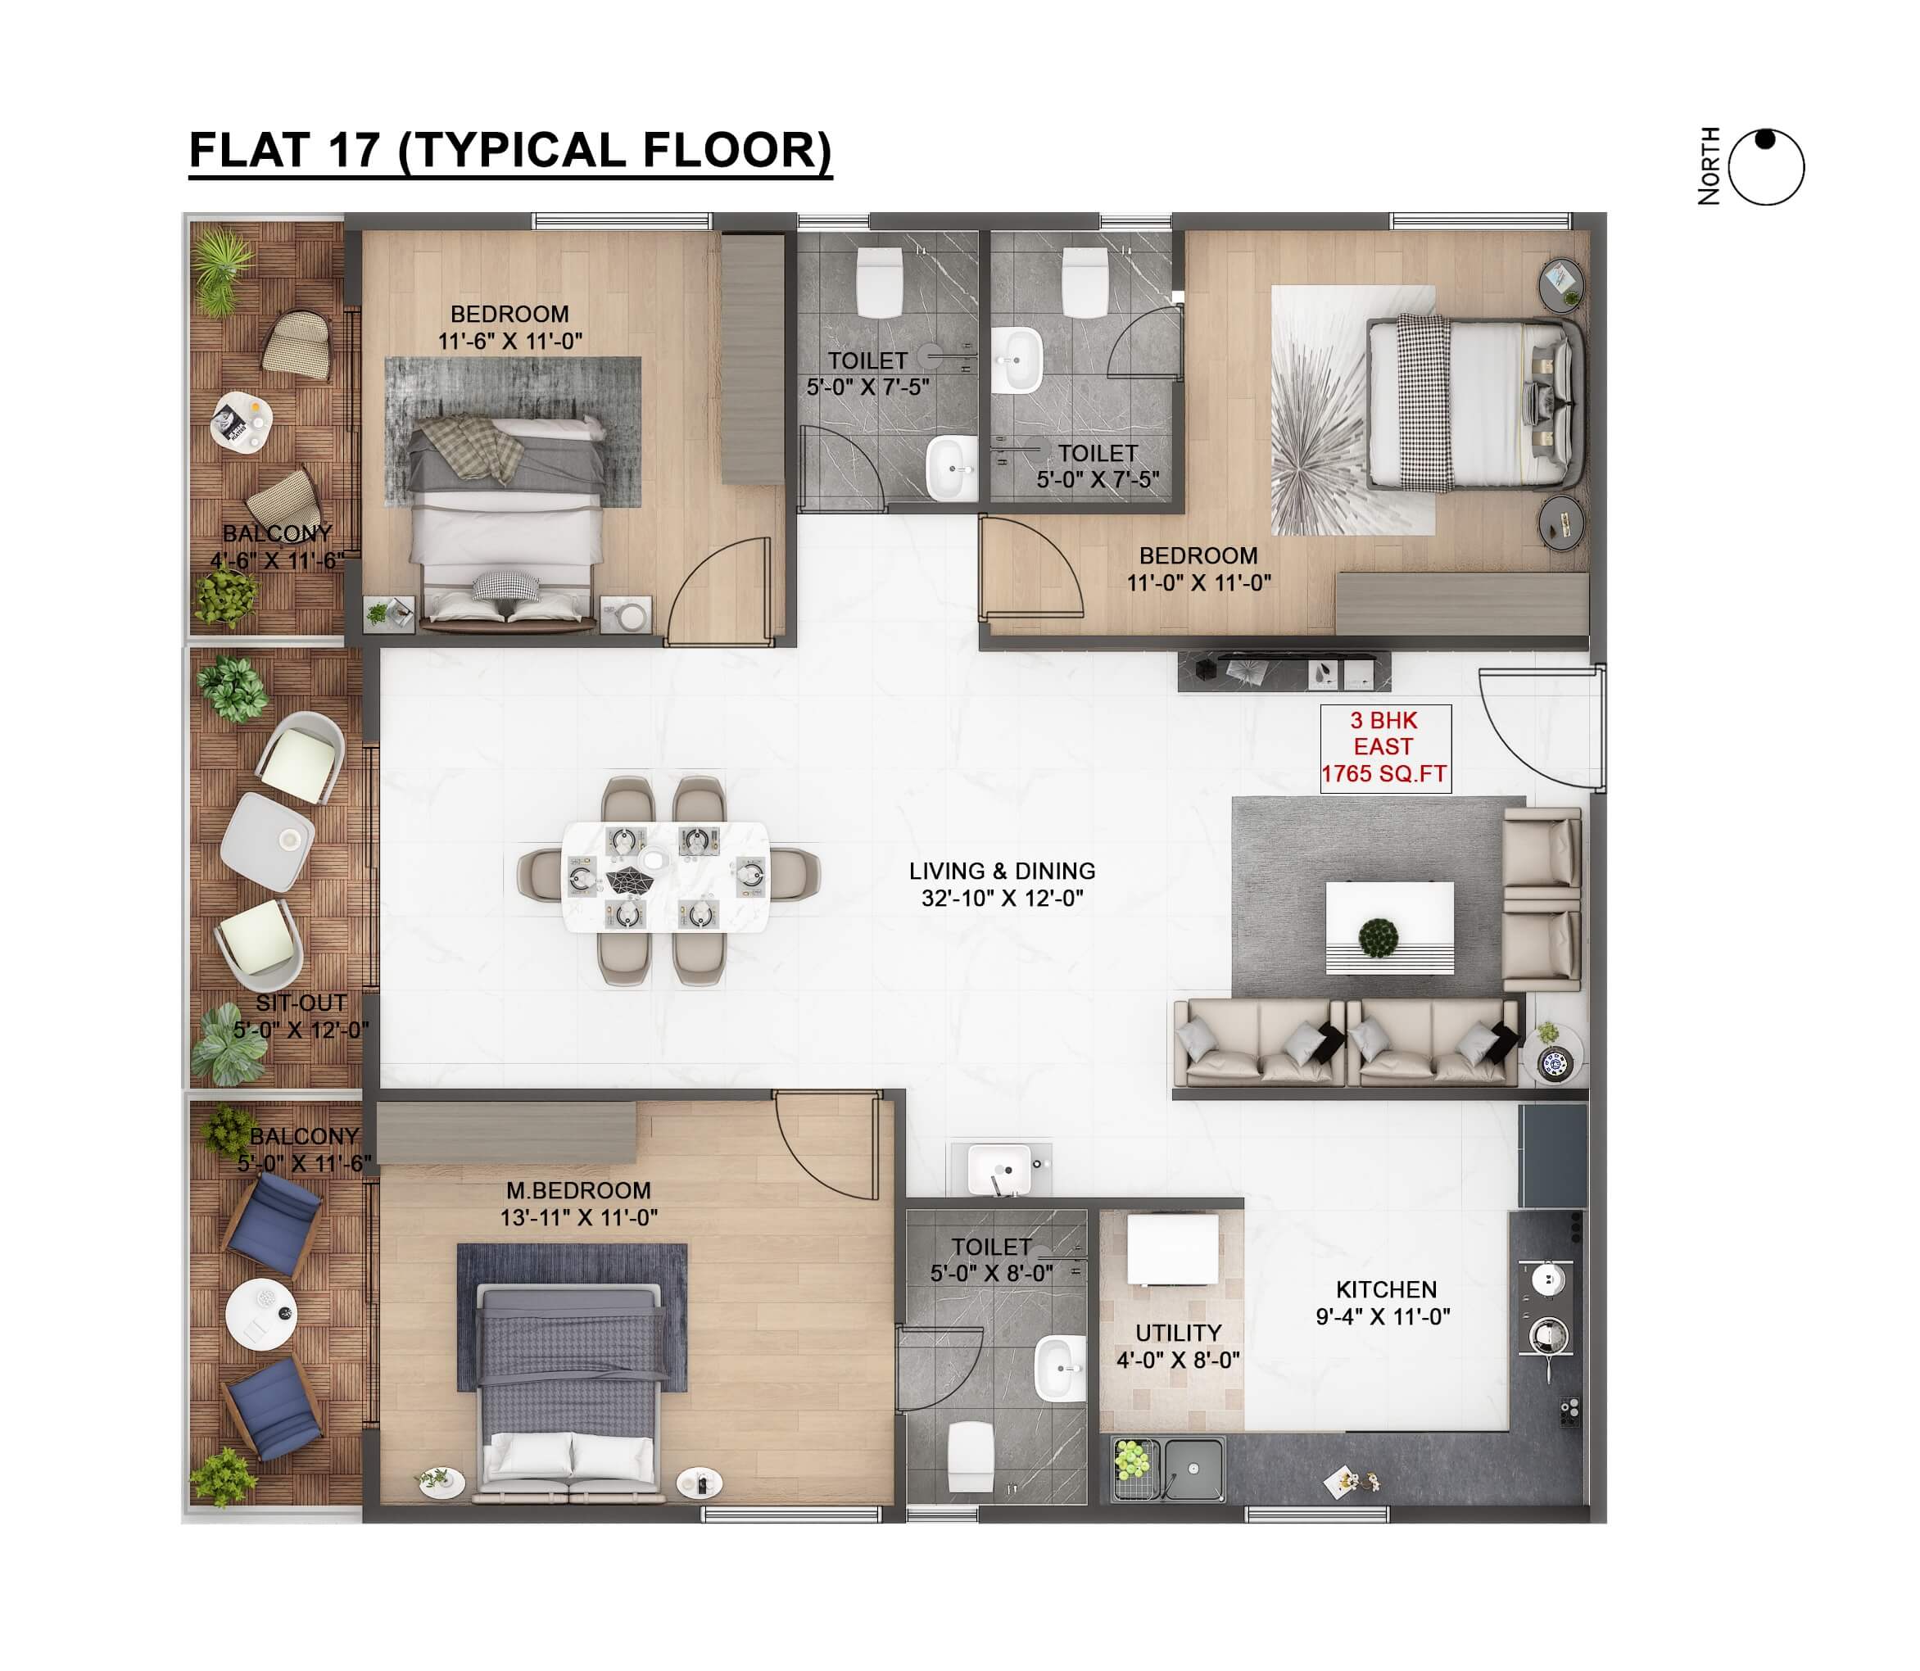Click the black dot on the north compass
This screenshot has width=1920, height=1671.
tap(1765, 140)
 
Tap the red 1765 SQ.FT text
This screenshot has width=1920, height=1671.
tap(1383, 774)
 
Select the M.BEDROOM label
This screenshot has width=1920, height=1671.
tap(578, 1191)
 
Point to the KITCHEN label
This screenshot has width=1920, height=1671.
tap(1387, 1289)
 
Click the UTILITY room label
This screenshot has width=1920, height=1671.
tap(1178, 1334)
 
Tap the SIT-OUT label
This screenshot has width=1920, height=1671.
tap(301, 1003)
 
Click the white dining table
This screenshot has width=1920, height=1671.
tap(666, 876)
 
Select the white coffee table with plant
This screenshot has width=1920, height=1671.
tap(1389, 928)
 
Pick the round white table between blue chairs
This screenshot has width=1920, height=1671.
tap(262, 1313)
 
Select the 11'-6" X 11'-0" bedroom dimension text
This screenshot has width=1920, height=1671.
tap(510, 342)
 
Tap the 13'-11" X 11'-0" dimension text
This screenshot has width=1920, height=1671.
tap(578, 1218)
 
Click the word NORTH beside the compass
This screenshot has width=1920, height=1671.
tap(1709, 166)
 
